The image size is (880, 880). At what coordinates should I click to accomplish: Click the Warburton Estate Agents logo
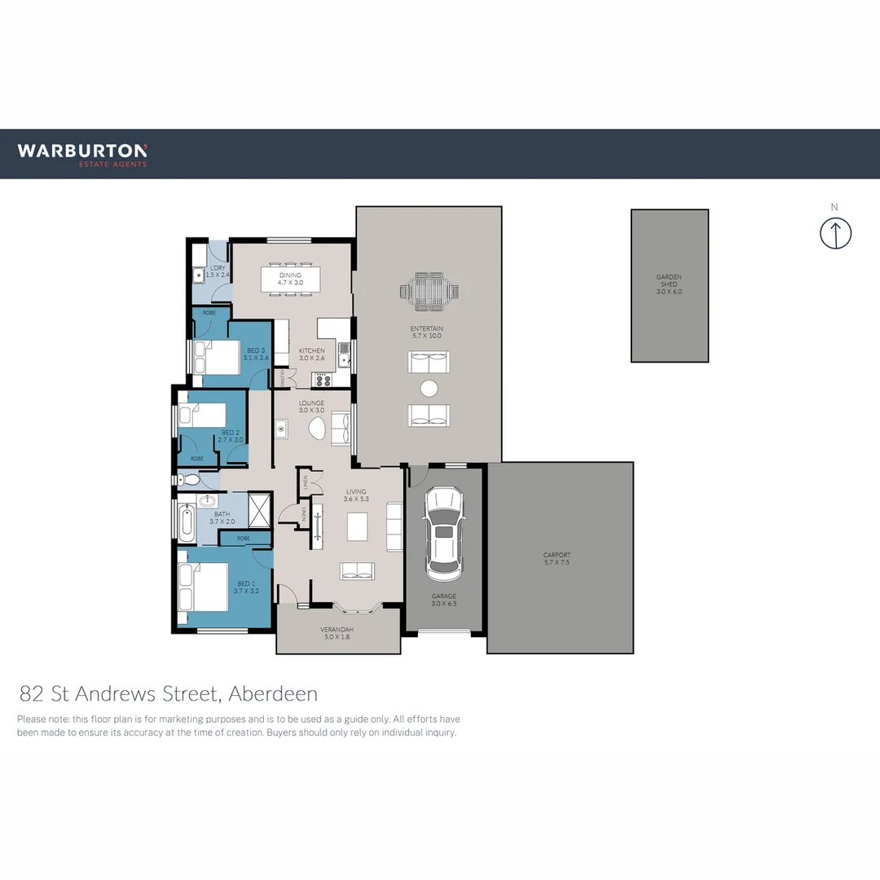(x=82, y=154)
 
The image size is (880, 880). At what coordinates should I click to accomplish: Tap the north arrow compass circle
(x=835, y=233)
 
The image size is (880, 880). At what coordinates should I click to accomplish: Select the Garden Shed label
(x=669, y=284)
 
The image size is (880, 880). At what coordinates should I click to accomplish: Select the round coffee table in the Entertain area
(x=429, y=388)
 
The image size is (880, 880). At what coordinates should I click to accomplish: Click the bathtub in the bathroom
(x=187, y=521)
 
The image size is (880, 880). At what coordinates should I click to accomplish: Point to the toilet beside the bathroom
(x=185, y=482)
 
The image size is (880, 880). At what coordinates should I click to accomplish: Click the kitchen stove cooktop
(x=323, y=380)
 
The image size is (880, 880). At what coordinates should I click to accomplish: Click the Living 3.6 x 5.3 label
(x=356, y=495)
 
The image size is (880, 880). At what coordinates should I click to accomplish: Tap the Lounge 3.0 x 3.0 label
(x=311, y=407)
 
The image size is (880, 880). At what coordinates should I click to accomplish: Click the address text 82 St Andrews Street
(x=168, y=694)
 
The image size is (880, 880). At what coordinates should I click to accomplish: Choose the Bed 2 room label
(x=231, y=436)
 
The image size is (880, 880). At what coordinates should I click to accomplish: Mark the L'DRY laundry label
(x=218, y=272)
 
